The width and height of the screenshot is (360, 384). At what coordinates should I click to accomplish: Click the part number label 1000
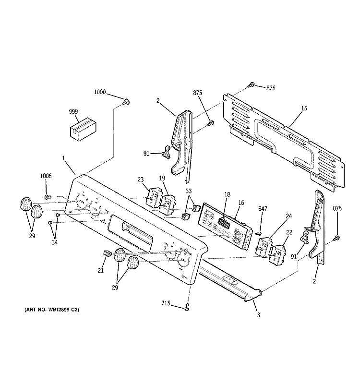click(101, 92)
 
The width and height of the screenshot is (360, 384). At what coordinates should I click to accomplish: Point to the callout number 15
click(304, 109)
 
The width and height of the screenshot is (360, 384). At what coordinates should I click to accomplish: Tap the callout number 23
click(141, 180)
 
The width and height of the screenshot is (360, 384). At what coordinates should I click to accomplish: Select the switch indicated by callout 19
click(168, 202)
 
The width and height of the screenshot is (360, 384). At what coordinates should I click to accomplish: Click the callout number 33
click(189, 191)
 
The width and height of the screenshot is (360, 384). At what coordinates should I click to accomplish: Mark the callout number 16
click(241, 203)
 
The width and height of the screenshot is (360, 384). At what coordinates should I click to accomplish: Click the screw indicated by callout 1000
click(127, 101)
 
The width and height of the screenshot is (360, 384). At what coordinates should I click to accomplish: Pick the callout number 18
click(228, 194)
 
